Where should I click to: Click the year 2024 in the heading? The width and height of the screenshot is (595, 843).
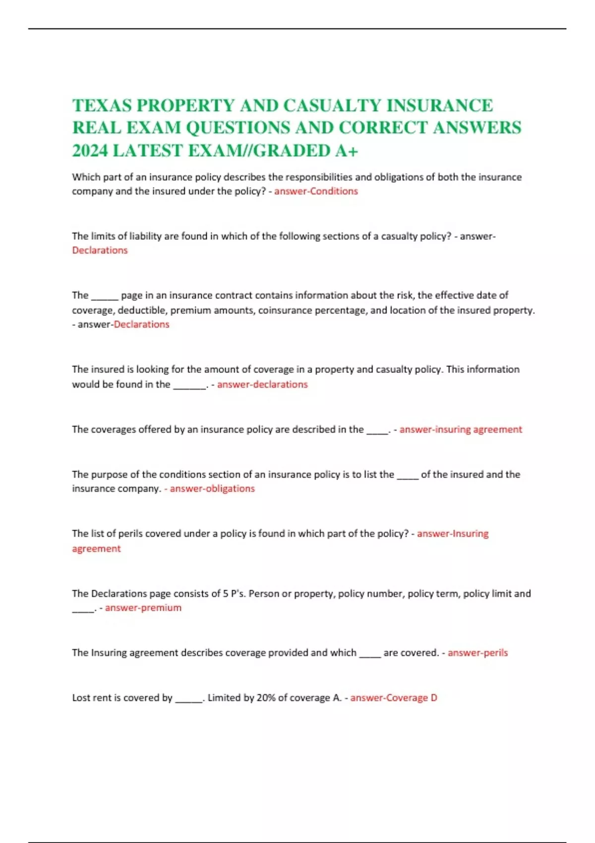90,151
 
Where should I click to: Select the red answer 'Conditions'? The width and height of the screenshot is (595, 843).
334,191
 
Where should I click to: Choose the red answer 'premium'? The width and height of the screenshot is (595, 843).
155,608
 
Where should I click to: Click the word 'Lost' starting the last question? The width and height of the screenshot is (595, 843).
81,698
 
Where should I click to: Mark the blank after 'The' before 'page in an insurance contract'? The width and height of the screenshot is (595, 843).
105,296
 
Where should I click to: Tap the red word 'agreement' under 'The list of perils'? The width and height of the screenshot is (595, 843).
96,549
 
